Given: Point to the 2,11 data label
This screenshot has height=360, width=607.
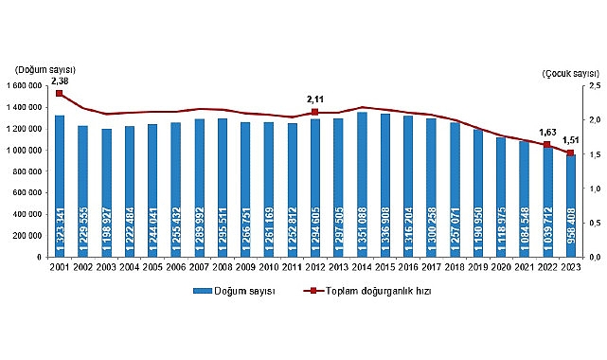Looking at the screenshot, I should [314, 99].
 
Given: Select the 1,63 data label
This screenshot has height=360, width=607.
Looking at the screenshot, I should [546, 132].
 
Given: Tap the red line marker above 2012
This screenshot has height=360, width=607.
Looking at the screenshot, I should [314, 112].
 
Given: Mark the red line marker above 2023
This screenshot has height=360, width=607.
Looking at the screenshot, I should [569, 153].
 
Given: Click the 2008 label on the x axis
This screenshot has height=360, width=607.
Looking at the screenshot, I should [222, 267].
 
